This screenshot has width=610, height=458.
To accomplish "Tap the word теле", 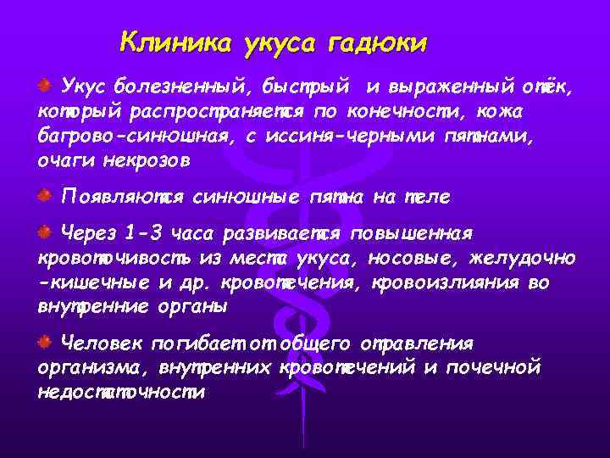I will (x=429, y=198).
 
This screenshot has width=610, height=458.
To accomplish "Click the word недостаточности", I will (x=121, y=393).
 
